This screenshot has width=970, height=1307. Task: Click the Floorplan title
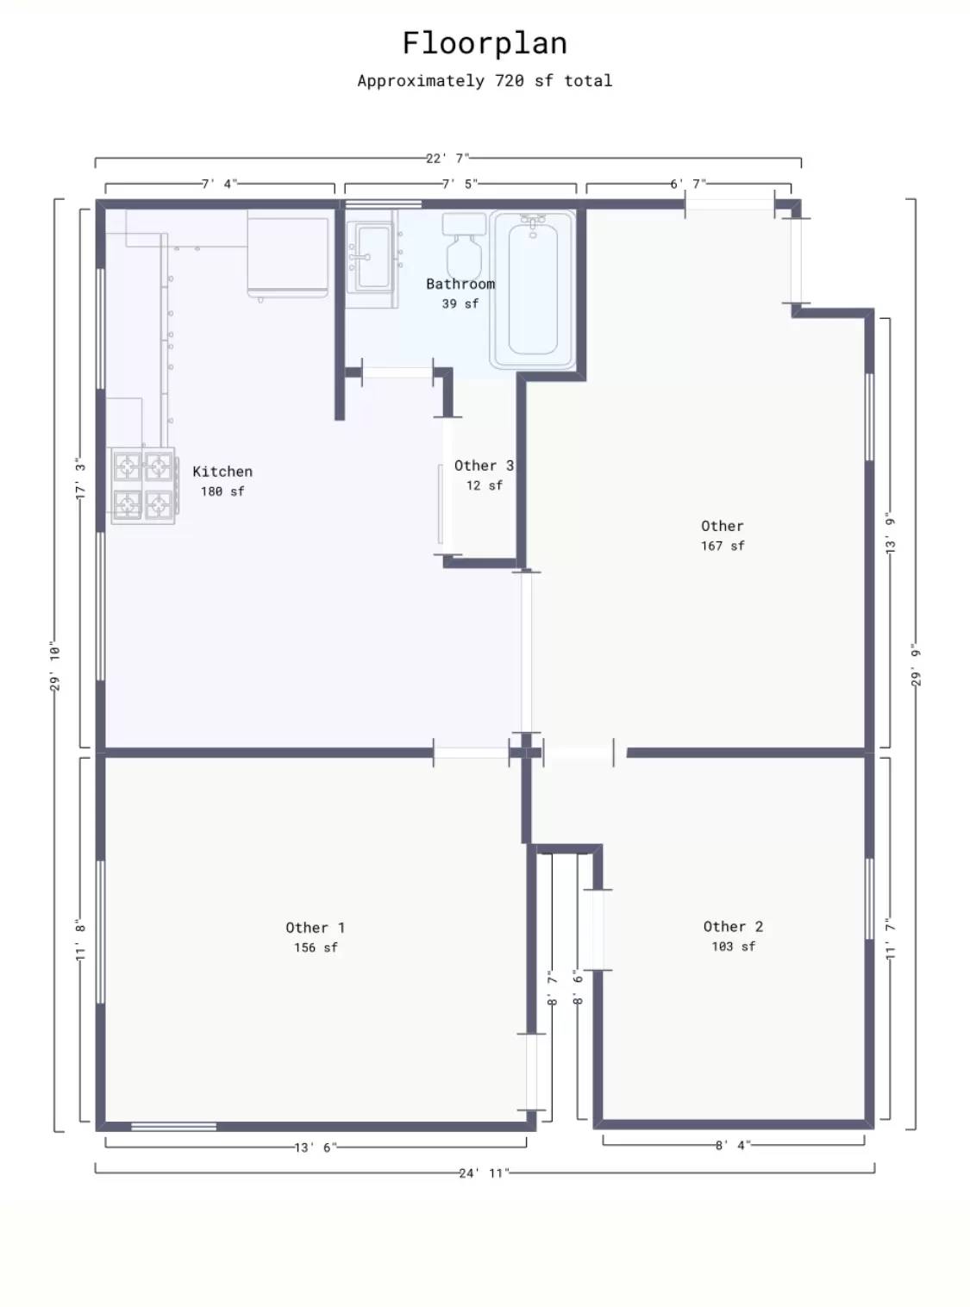[485, 43]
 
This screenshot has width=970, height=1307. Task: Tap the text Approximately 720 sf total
[485, 81]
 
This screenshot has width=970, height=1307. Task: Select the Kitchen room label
[222, 472]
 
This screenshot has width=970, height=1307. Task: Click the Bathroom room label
[460, 284]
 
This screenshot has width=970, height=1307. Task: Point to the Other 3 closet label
[484, 466]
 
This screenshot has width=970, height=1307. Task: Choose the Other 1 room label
[316, 928]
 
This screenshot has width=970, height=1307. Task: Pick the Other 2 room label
[733, 927]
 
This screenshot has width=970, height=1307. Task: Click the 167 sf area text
[723, 546]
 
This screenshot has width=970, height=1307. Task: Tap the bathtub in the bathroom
[533, 289]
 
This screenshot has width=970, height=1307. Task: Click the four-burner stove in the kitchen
[143, 485]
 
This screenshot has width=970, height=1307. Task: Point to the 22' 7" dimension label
[447, 159]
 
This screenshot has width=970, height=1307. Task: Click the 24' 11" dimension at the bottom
[484, 1173]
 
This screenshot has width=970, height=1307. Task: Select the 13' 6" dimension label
[316, 1148]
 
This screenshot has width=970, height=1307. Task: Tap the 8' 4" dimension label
[733, 1146]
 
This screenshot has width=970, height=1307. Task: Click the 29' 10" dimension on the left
[55, 666]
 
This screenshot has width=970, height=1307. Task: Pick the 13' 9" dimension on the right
[891, 533]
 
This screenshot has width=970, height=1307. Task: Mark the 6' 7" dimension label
[688, 184]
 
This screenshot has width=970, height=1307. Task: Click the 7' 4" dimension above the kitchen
[219, 184]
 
